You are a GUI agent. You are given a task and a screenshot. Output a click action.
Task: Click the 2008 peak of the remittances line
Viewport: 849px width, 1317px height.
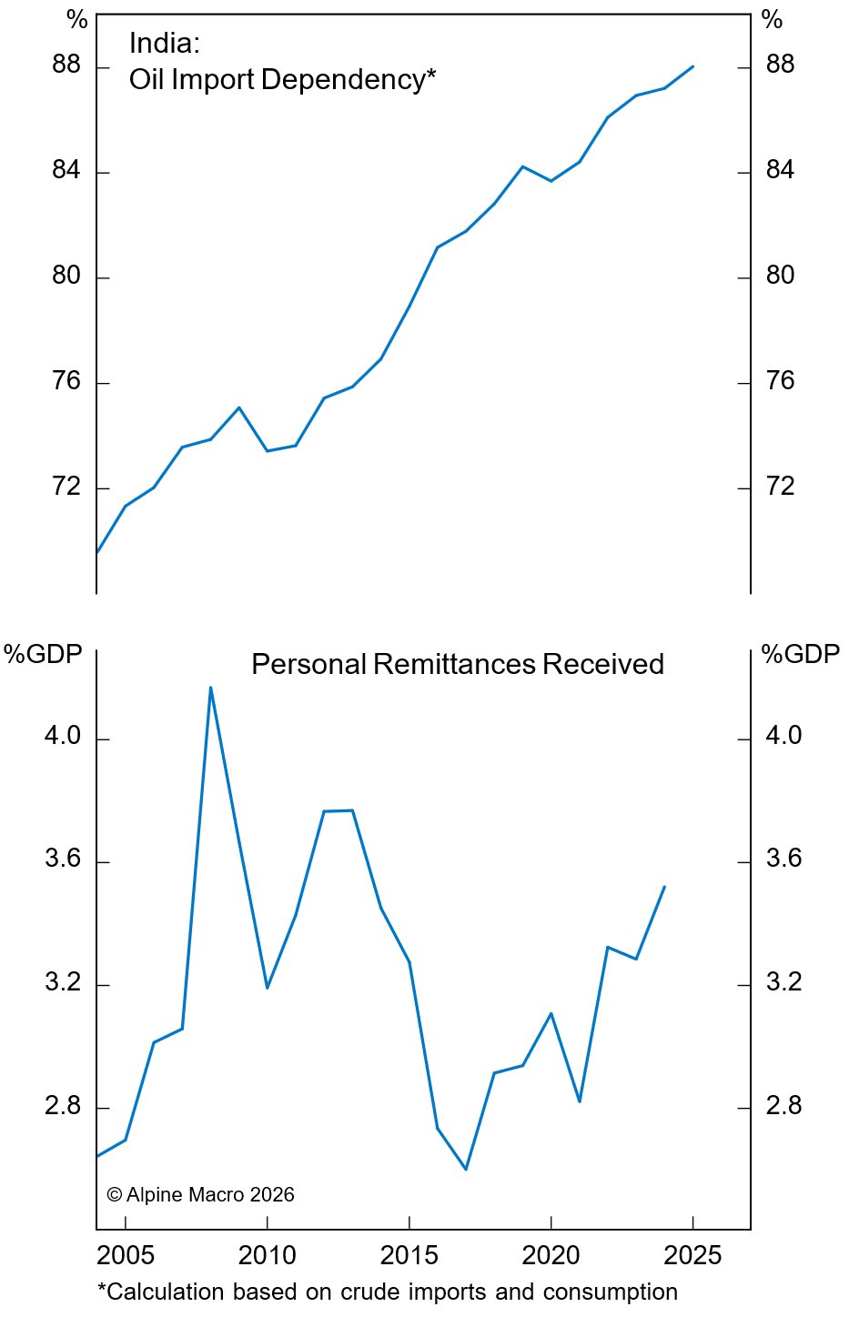pyautogui.click(x=210, y=688)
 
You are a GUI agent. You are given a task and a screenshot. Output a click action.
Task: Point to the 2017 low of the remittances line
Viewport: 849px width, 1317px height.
pyautogui.click(x=466, y=1169)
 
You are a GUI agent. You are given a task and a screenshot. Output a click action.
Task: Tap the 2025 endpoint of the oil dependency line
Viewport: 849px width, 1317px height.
pyautogui.click(x=692, y=66)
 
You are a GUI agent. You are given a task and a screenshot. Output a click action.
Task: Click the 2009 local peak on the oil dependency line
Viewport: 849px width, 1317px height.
pyautogui.click(x=238, y=407)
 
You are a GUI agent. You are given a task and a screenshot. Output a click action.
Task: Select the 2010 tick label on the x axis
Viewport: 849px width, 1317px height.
pyautogui.click(x=267, y=1256)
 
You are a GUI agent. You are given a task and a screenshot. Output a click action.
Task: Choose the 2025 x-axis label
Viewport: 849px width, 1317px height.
pyautogui.click(x=692, y=1256)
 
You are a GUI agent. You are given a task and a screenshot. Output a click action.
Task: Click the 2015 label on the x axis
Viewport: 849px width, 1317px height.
pyautogui.click(x=409, y=1256)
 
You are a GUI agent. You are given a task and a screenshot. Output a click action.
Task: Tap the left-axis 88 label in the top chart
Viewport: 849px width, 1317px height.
pyautogui.click(x=66, y=65)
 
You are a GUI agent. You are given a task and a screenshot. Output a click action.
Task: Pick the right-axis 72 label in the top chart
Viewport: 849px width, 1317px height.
pyautogui.click(x=780, y=487)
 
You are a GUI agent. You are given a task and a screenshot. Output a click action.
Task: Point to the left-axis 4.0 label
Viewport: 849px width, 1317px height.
pyautogui.click(x=63, y=736)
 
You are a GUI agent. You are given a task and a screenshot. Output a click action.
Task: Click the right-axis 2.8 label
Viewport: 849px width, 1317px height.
pyautogui.click(x=783, y=1106)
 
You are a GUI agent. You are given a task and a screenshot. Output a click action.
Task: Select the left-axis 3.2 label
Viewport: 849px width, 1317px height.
pyautogui.click(x=63, y=983)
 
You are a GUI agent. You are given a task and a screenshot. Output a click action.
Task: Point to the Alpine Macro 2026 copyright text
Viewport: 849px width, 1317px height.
pyautogui.click(x=201, y=1195)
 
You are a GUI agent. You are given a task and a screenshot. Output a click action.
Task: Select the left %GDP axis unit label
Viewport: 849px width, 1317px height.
pyautogui.click(x=43, y=654)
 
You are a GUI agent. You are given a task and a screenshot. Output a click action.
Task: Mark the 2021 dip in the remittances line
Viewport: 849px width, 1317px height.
pyautogui.click(x=579, y=1101)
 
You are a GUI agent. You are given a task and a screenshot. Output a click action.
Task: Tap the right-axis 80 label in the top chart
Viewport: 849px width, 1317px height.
pyautogui.click(x=780, y=276)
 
